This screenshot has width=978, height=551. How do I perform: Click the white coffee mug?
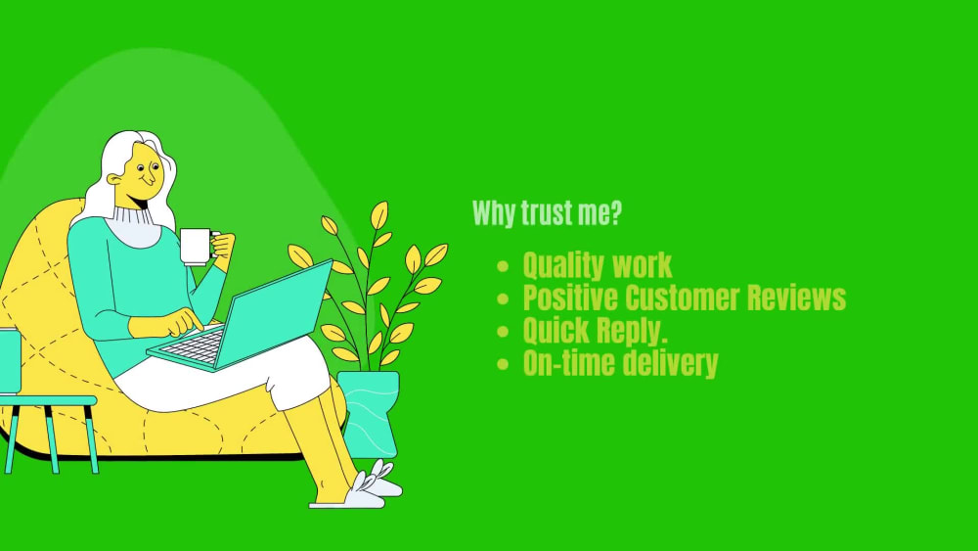click(196, 246)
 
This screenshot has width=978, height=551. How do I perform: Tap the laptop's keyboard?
click(192, 343)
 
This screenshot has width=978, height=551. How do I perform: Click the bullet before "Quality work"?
click(503, 266)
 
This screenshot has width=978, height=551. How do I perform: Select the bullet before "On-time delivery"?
click(503, 364)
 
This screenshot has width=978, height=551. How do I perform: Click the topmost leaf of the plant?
click(378, 214)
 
